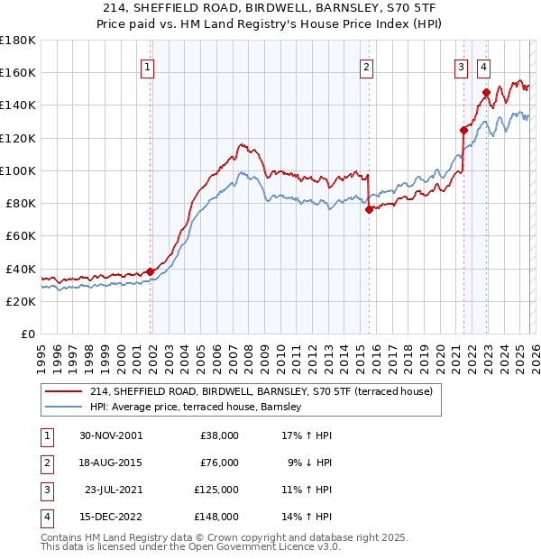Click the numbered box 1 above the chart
[146, 66]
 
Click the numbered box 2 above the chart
[367, 66]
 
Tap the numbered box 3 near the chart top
[461, 66]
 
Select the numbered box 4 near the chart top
[483, 66]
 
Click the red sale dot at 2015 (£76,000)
[369, 209]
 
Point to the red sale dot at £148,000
[486, 92]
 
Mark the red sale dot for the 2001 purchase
[151, 271]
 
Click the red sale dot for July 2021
[463, 129]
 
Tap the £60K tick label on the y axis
[18, 235]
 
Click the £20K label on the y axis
[18, 301]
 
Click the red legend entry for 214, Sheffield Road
[261, 391]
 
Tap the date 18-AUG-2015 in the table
[110, 463]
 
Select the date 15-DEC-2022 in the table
[110, 518]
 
